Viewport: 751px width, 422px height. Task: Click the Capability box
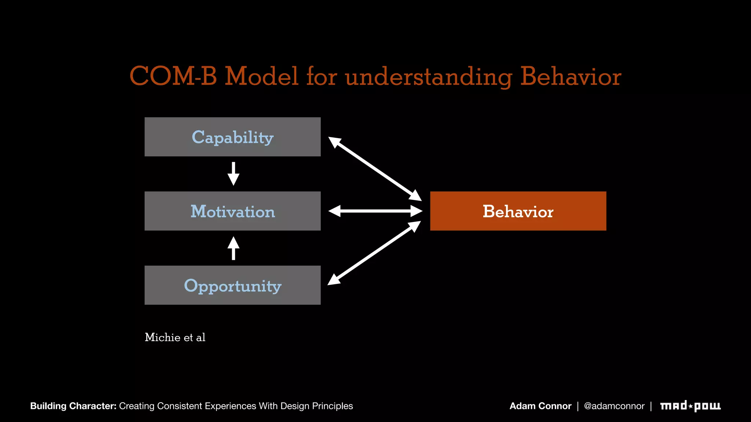(x=232, y=137)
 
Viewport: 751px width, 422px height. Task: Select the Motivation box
(x=232, y=211)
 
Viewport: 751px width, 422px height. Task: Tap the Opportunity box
(x=232, y=285)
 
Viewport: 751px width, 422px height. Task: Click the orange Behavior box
(x=518, y=211)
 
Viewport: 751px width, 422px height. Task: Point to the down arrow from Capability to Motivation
(x=233, y=174)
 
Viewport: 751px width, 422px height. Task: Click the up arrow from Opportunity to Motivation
(x=233, y=248)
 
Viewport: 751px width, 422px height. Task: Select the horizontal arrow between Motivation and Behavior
(x=375, y=211)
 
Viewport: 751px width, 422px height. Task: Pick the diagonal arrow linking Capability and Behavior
(x=375, y=169)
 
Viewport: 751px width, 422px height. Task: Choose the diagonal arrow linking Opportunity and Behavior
(x=374, y=253)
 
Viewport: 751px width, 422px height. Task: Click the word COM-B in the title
(x=173, y=77)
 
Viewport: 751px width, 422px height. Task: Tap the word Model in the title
(x=261, y=77)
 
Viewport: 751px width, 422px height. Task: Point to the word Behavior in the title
(x=571, y=77)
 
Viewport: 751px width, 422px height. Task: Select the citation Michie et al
(x=175, y=337)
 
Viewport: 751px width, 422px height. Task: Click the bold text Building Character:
(x=73, y=406)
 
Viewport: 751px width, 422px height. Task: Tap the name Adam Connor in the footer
(x=540, y=406)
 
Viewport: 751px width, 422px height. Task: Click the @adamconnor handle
(x=614, y=406)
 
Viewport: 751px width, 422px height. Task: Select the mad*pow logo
(x=690, y=406)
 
